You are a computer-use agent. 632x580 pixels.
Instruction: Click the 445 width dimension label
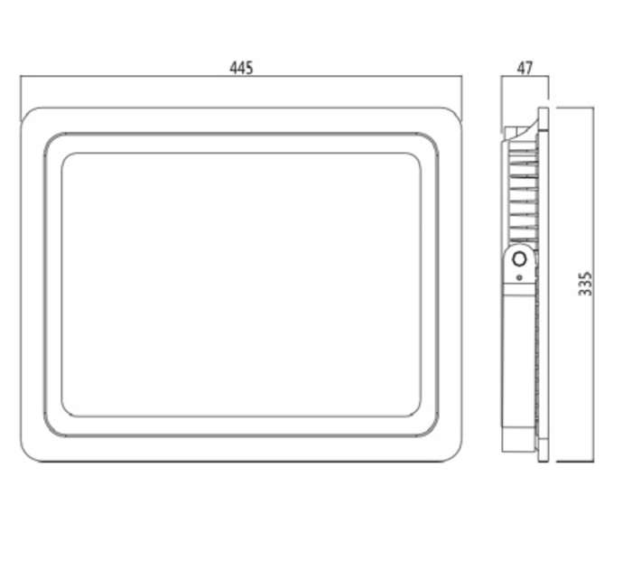241,68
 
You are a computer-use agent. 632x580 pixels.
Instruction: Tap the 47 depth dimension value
525,68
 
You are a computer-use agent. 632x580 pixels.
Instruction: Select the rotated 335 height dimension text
585,284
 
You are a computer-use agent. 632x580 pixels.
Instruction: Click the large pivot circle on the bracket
519,259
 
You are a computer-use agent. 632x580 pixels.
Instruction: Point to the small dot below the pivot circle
519,277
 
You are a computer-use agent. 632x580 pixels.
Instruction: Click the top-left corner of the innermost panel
65,156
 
